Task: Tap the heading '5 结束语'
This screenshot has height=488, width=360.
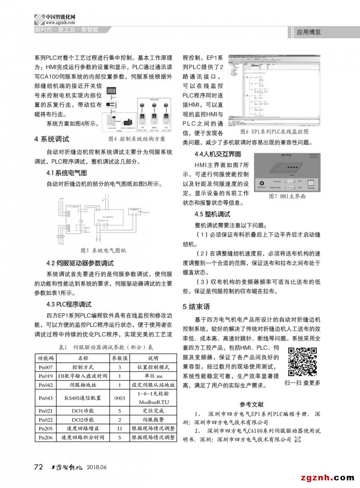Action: (x=196, y=307)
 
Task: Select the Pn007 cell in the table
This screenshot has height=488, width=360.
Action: (x=46, y=367)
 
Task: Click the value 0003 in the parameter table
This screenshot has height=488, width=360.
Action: (x=120, y=398)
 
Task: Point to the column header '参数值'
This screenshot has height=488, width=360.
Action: (x=120, y=358)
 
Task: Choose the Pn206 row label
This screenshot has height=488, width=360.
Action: (x=46, y=437)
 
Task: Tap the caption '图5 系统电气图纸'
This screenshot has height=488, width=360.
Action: (x=103, y=250)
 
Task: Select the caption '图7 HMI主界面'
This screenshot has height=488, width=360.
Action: (x=287, y=197)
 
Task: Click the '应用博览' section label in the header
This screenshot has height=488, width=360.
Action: (x=309, y=32)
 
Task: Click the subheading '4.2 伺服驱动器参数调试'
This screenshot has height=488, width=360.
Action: (x=80, y=263)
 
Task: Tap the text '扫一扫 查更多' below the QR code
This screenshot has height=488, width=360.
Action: (x=302, y=383)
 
